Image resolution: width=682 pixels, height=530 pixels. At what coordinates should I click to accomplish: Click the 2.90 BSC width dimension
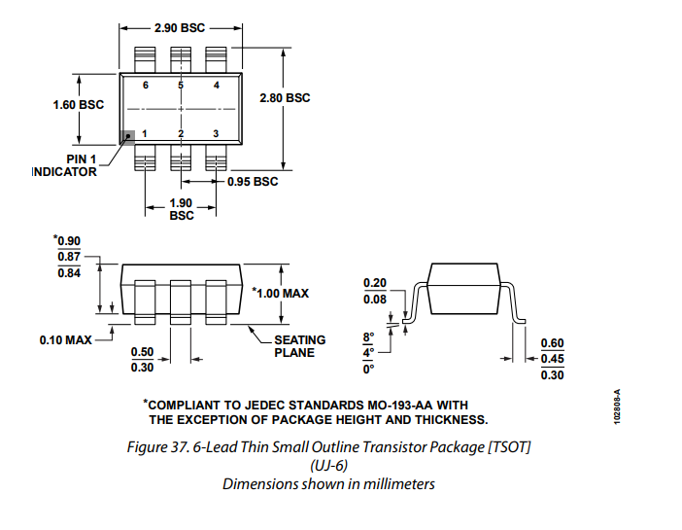(180, 28)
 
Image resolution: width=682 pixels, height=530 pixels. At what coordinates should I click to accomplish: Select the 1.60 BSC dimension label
(79, 104)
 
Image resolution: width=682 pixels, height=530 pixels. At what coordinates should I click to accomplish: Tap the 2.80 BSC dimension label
(285, 97)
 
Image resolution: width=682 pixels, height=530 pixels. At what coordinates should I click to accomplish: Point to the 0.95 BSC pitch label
(253, 181)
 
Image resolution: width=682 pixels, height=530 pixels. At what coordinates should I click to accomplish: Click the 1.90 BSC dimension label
(181, 209)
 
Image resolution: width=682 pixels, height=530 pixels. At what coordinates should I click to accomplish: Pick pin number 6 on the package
(145, 86)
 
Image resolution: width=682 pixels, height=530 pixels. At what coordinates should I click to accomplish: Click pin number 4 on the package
(216, 86)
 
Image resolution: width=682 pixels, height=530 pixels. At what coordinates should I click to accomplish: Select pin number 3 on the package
(216, 132)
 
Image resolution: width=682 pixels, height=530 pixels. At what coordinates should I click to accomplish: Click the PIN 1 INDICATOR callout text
(65, 165)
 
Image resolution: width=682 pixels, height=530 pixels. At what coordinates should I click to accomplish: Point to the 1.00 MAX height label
(281, 293)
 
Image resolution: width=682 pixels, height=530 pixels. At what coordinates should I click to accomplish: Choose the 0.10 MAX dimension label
(66, 340)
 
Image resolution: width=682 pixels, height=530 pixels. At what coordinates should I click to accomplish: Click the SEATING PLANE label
(299, 346)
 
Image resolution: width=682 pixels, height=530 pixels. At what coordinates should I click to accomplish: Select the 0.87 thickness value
(68, 256)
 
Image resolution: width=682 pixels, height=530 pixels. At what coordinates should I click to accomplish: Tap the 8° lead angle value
(368, 337)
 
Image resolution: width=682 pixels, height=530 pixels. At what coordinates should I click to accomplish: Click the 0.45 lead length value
(552, 359)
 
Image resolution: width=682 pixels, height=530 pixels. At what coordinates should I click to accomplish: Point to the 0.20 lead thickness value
(375, 283)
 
